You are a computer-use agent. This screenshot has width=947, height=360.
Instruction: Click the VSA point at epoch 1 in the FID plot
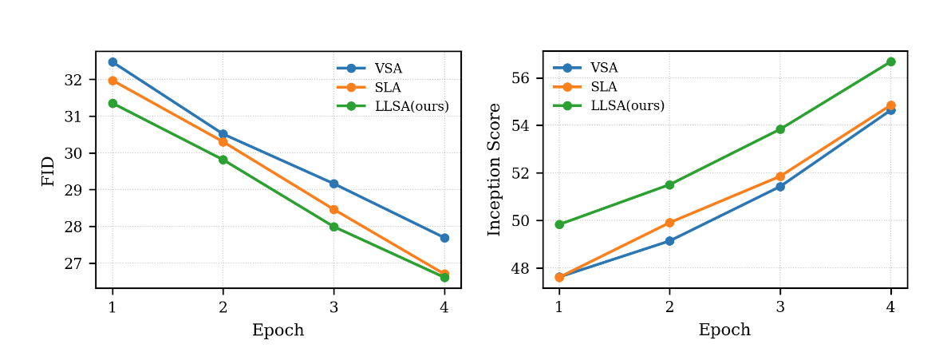click(112, 61)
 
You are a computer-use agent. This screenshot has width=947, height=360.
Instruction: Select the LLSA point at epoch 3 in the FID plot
click(333, 227)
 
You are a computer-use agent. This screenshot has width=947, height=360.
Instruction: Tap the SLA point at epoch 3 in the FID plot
click(333, 210)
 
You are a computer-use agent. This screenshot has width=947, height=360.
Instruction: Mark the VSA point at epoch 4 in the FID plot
click(444, 238)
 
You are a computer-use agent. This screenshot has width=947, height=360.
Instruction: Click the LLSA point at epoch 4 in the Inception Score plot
click(891, 61)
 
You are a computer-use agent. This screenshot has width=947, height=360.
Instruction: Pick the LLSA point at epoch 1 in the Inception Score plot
click(559, 224)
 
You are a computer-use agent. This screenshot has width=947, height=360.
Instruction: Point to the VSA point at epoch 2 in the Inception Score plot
click(669, 241)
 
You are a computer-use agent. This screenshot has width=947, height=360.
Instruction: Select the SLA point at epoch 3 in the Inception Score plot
click(780, 176)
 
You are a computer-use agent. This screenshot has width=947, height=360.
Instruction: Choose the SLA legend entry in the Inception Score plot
click(603, 87)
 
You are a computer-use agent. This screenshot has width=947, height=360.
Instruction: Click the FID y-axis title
click(49, 171)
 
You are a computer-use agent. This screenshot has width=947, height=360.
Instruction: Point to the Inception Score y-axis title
click(495, 169)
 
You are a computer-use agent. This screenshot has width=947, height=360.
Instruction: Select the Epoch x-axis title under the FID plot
click(278, 330)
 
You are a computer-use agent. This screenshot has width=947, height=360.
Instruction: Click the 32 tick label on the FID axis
click(73, 80)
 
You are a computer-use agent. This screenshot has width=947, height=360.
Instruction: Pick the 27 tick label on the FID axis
click(73, 263)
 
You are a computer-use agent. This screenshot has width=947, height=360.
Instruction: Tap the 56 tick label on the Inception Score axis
click(520, 78)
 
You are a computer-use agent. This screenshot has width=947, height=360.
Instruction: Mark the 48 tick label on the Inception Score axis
click(520, 268)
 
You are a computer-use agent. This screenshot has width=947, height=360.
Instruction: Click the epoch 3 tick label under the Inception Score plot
click(780, 307)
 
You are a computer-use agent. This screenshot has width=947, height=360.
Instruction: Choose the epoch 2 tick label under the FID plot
click(223, 307)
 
